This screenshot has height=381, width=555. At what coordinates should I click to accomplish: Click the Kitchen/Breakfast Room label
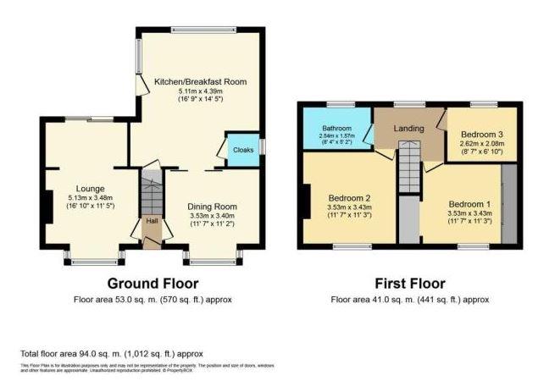(200, 81)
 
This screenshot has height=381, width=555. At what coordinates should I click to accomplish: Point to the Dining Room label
(212, 206)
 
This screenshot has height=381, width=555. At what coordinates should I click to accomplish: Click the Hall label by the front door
(152, 222)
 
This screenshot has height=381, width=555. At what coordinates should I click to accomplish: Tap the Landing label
(408, 129)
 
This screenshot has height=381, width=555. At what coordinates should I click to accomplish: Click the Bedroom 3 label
(483, 134)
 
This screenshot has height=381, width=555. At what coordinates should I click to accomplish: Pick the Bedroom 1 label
(469, 204)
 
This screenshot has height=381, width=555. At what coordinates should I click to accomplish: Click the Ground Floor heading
(153, 283)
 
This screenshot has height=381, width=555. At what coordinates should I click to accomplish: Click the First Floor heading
(410, 283)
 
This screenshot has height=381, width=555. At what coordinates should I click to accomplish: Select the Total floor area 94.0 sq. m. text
(111, 353)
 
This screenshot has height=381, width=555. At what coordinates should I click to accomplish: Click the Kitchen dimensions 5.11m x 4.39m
(200, 91)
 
